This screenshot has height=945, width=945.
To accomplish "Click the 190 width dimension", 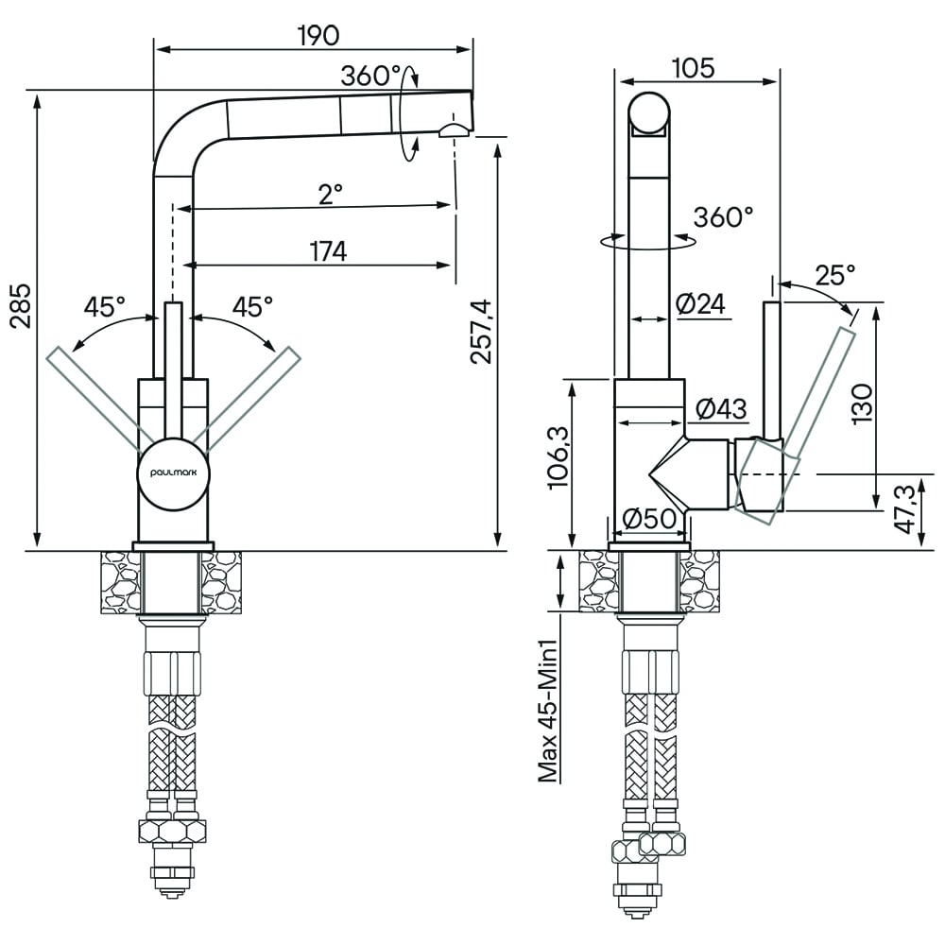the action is pyautogui.click(x=318, y=36).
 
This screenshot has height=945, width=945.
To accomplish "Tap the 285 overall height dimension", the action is pyautogui.click(x=23, y=305).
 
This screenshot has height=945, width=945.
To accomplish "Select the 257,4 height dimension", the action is pyautogui.click(x=482, y=332).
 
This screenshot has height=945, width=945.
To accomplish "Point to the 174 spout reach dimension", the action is pyautogui.click(x=329, y=251).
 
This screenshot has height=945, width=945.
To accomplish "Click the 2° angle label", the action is pyautogui.click(x=330, y=194).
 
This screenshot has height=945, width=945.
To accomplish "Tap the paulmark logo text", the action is pyautogui.click(x=174, y=473).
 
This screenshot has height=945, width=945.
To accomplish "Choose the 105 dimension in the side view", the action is pyautogui.click(x=693, y=68).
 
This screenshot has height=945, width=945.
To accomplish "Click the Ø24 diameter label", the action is pyautogui.click(x=701, y=303).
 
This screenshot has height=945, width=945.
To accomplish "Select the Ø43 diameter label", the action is pyautogui.click(x=721, y=409).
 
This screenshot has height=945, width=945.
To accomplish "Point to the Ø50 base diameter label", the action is pyautogui.click(x=648, y=518).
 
